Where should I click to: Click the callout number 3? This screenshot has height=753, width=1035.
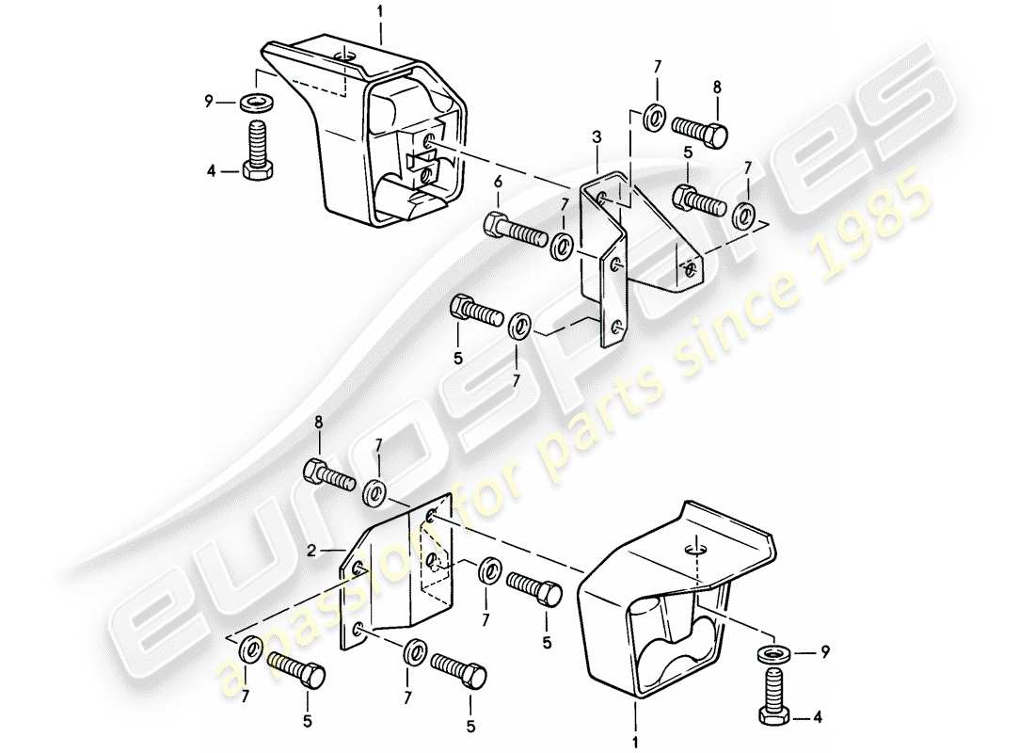point(596,139)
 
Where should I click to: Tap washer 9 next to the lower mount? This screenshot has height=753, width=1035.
point(773,653)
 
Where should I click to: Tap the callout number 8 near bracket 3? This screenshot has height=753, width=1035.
point(716,87)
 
